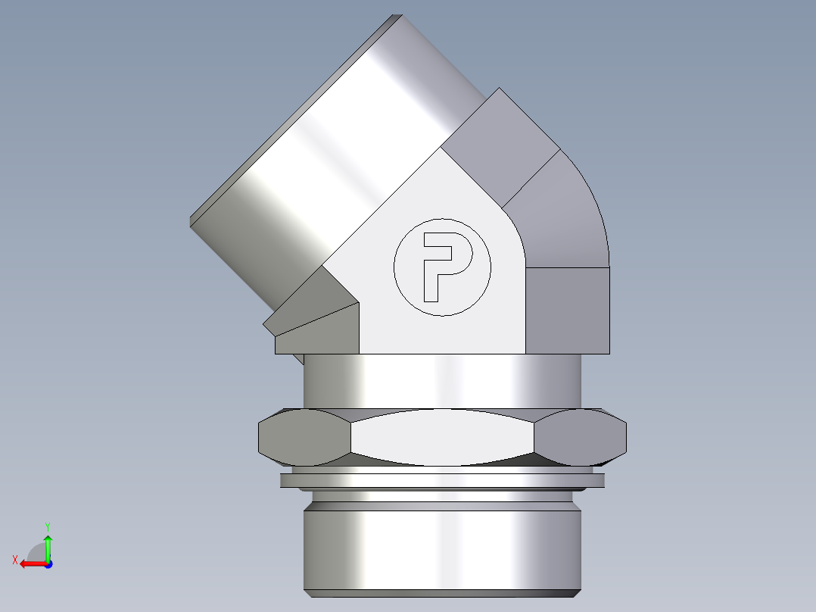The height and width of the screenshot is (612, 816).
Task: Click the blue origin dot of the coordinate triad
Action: (48, 564)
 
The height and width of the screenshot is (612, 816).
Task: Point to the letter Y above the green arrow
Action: (47, 526)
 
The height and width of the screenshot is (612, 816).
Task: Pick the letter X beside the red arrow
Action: (14, 560)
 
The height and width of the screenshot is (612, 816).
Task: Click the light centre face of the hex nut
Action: (442, 438)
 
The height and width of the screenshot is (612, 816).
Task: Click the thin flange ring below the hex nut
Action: (442, 480)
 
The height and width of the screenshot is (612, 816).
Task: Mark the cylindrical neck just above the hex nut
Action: (442, 382)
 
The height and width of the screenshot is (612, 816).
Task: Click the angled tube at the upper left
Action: (333, 151)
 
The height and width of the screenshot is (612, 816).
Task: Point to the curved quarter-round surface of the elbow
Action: (564, 216)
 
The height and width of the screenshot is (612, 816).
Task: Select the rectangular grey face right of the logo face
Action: (568, 311)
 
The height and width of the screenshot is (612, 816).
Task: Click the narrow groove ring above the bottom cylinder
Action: (442, 497)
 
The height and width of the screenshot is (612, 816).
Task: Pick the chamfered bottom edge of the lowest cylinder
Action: (442, 592)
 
